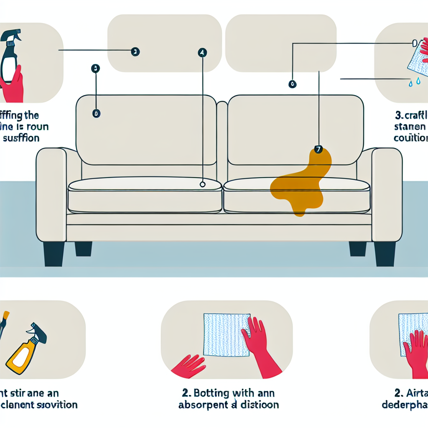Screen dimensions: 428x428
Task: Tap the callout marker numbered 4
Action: (x=202, y=53)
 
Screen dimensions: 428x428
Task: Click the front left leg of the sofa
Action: (x=54, y=253)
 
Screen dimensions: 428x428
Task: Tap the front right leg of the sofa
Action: (x=385, y=253)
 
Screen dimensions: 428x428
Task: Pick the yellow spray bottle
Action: (x=25, y=351)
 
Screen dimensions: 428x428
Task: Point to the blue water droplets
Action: (x=414, y=83)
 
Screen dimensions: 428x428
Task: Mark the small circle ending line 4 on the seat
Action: (x=203, y=184)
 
